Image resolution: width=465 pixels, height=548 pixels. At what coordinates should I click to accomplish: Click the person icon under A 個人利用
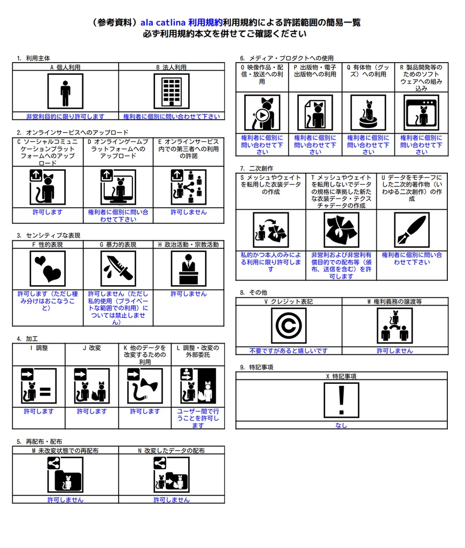[65, 92]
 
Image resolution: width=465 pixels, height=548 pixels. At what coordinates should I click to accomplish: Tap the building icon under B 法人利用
[172, 92]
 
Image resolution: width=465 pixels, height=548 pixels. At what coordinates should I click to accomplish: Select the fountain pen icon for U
[412, 230]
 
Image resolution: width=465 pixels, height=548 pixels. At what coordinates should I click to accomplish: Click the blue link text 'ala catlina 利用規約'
[181, 22]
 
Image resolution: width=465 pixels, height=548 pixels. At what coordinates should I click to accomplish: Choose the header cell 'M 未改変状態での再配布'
[65, 451]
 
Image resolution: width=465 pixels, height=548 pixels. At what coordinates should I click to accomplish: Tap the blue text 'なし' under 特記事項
[341, 425]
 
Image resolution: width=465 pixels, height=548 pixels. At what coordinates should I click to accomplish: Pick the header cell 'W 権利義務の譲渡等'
[395, 301]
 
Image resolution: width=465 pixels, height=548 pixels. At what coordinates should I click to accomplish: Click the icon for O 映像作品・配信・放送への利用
[262, 113]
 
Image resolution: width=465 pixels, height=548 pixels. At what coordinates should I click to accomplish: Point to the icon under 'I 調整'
[38, 386]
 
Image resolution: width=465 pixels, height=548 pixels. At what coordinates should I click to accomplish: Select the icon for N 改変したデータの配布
[171, 475]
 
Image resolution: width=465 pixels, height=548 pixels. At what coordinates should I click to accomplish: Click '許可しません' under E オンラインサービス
[188, 212]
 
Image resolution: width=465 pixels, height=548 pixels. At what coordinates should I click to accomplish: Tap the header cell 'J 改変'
[91, 348]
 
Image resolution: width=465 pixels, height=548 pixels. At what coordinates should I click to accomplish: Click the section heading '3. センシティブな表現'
[48, 235]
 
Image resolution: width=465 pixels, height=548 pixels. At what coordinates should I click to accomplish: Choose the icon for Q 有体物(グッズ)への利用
[368, 113]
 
